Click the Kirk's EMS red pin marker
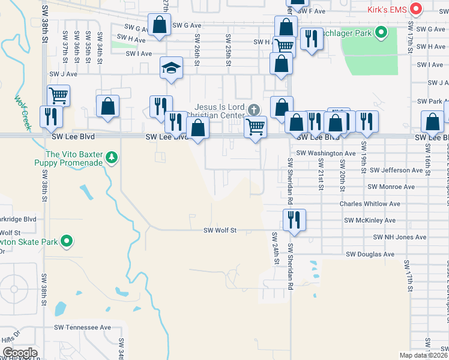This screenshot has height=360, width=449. pyautogui.click(x=415, y=9)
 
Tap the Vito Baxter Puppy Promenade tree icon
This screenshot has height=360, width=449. pyautogui.click(x=111, y=158)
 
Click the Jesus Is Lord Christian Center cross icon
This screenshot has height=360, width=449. pyautogui.click(x=254, y=109)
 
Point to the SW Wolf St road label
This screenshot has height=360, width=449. pyautogui.click(x=220, y=230)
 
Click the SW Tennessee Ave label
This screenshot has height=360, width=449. pyautogui.click(x=82, y=328)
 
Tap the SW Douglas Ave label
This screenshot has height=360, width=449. pyautogui.click(x=370, y=254)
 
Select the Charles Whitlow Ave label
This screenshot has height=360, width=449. pyautogui.click(x=368, y=204)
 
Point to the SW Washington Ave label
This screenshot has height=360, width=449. pyautogui.click(x=326, y=154)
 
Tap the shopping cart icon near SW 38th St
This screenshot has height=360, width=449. pyautogui.click(x=58, y=95)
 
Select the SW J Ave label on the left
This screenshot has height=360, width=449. pyautogui.click(x=64, y=74)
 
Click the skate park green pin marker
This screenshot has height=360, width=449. pyautogui.click(x=67, y=242)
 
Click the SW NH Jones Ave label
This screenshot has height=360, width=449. pyautogui.click(x=391, y=238)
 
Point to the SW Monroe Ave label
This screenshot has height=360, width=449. pyautogui.click(x=393, y=187)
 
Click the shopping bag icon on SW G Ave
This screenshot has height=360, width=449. pyautogui.click(x=159, y=26)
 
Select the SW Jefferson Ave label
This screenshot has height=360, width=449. pyautogui.click(x=396, y=170)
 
